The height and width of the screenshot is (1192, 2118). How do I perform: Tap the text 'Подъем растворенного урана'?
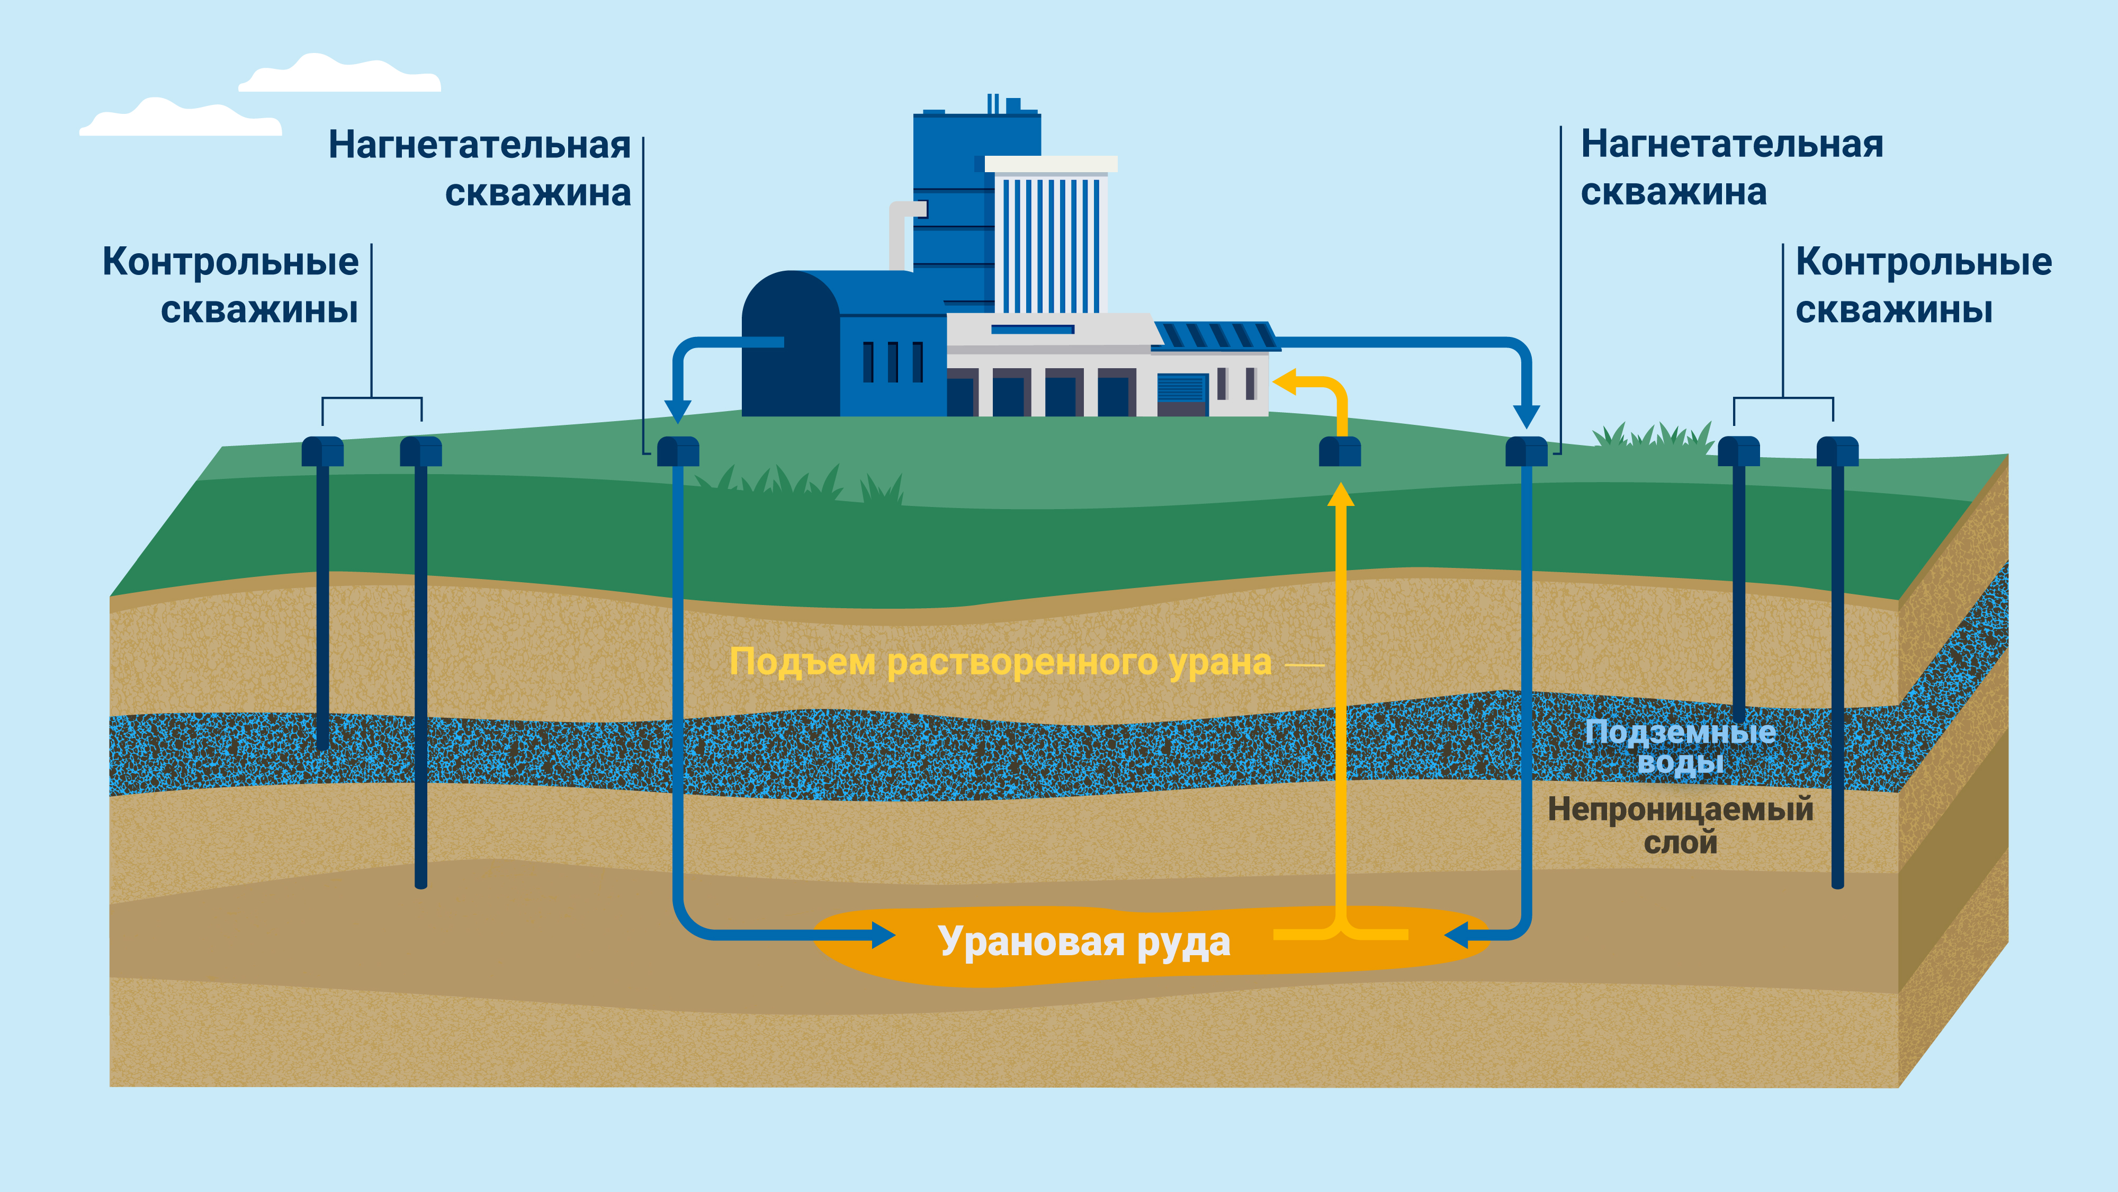click(x=1000, y=662)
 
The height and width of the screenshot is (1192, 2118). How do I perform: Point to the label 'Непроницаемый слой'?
click(x=1680, y=825)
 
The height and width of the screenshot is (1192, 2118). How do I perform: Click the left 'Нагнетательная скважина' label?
click(x=479, y=168)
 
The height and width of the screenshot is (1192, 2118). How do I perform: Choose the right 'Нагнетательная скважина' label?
click(x=1731, y=168)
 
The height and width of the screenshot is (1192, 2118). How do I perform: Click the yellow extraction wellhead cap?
click(x=1340, y=451)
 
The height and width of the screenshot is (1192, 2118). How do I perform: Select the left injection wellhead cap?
click(x=678, y=451)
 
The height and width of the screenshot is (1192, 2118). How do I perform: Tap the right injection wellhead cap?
click(x=1526, y=451)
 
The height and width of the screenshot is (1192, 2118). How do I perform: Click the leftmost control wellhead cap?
click(x=322, y=451)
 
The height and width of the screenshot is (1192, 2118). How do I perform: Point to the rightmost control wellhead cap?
click(x=1837, y=451)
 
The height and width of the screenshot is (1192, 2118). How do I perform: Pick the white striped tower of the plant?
click(x=1050, y=238)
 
